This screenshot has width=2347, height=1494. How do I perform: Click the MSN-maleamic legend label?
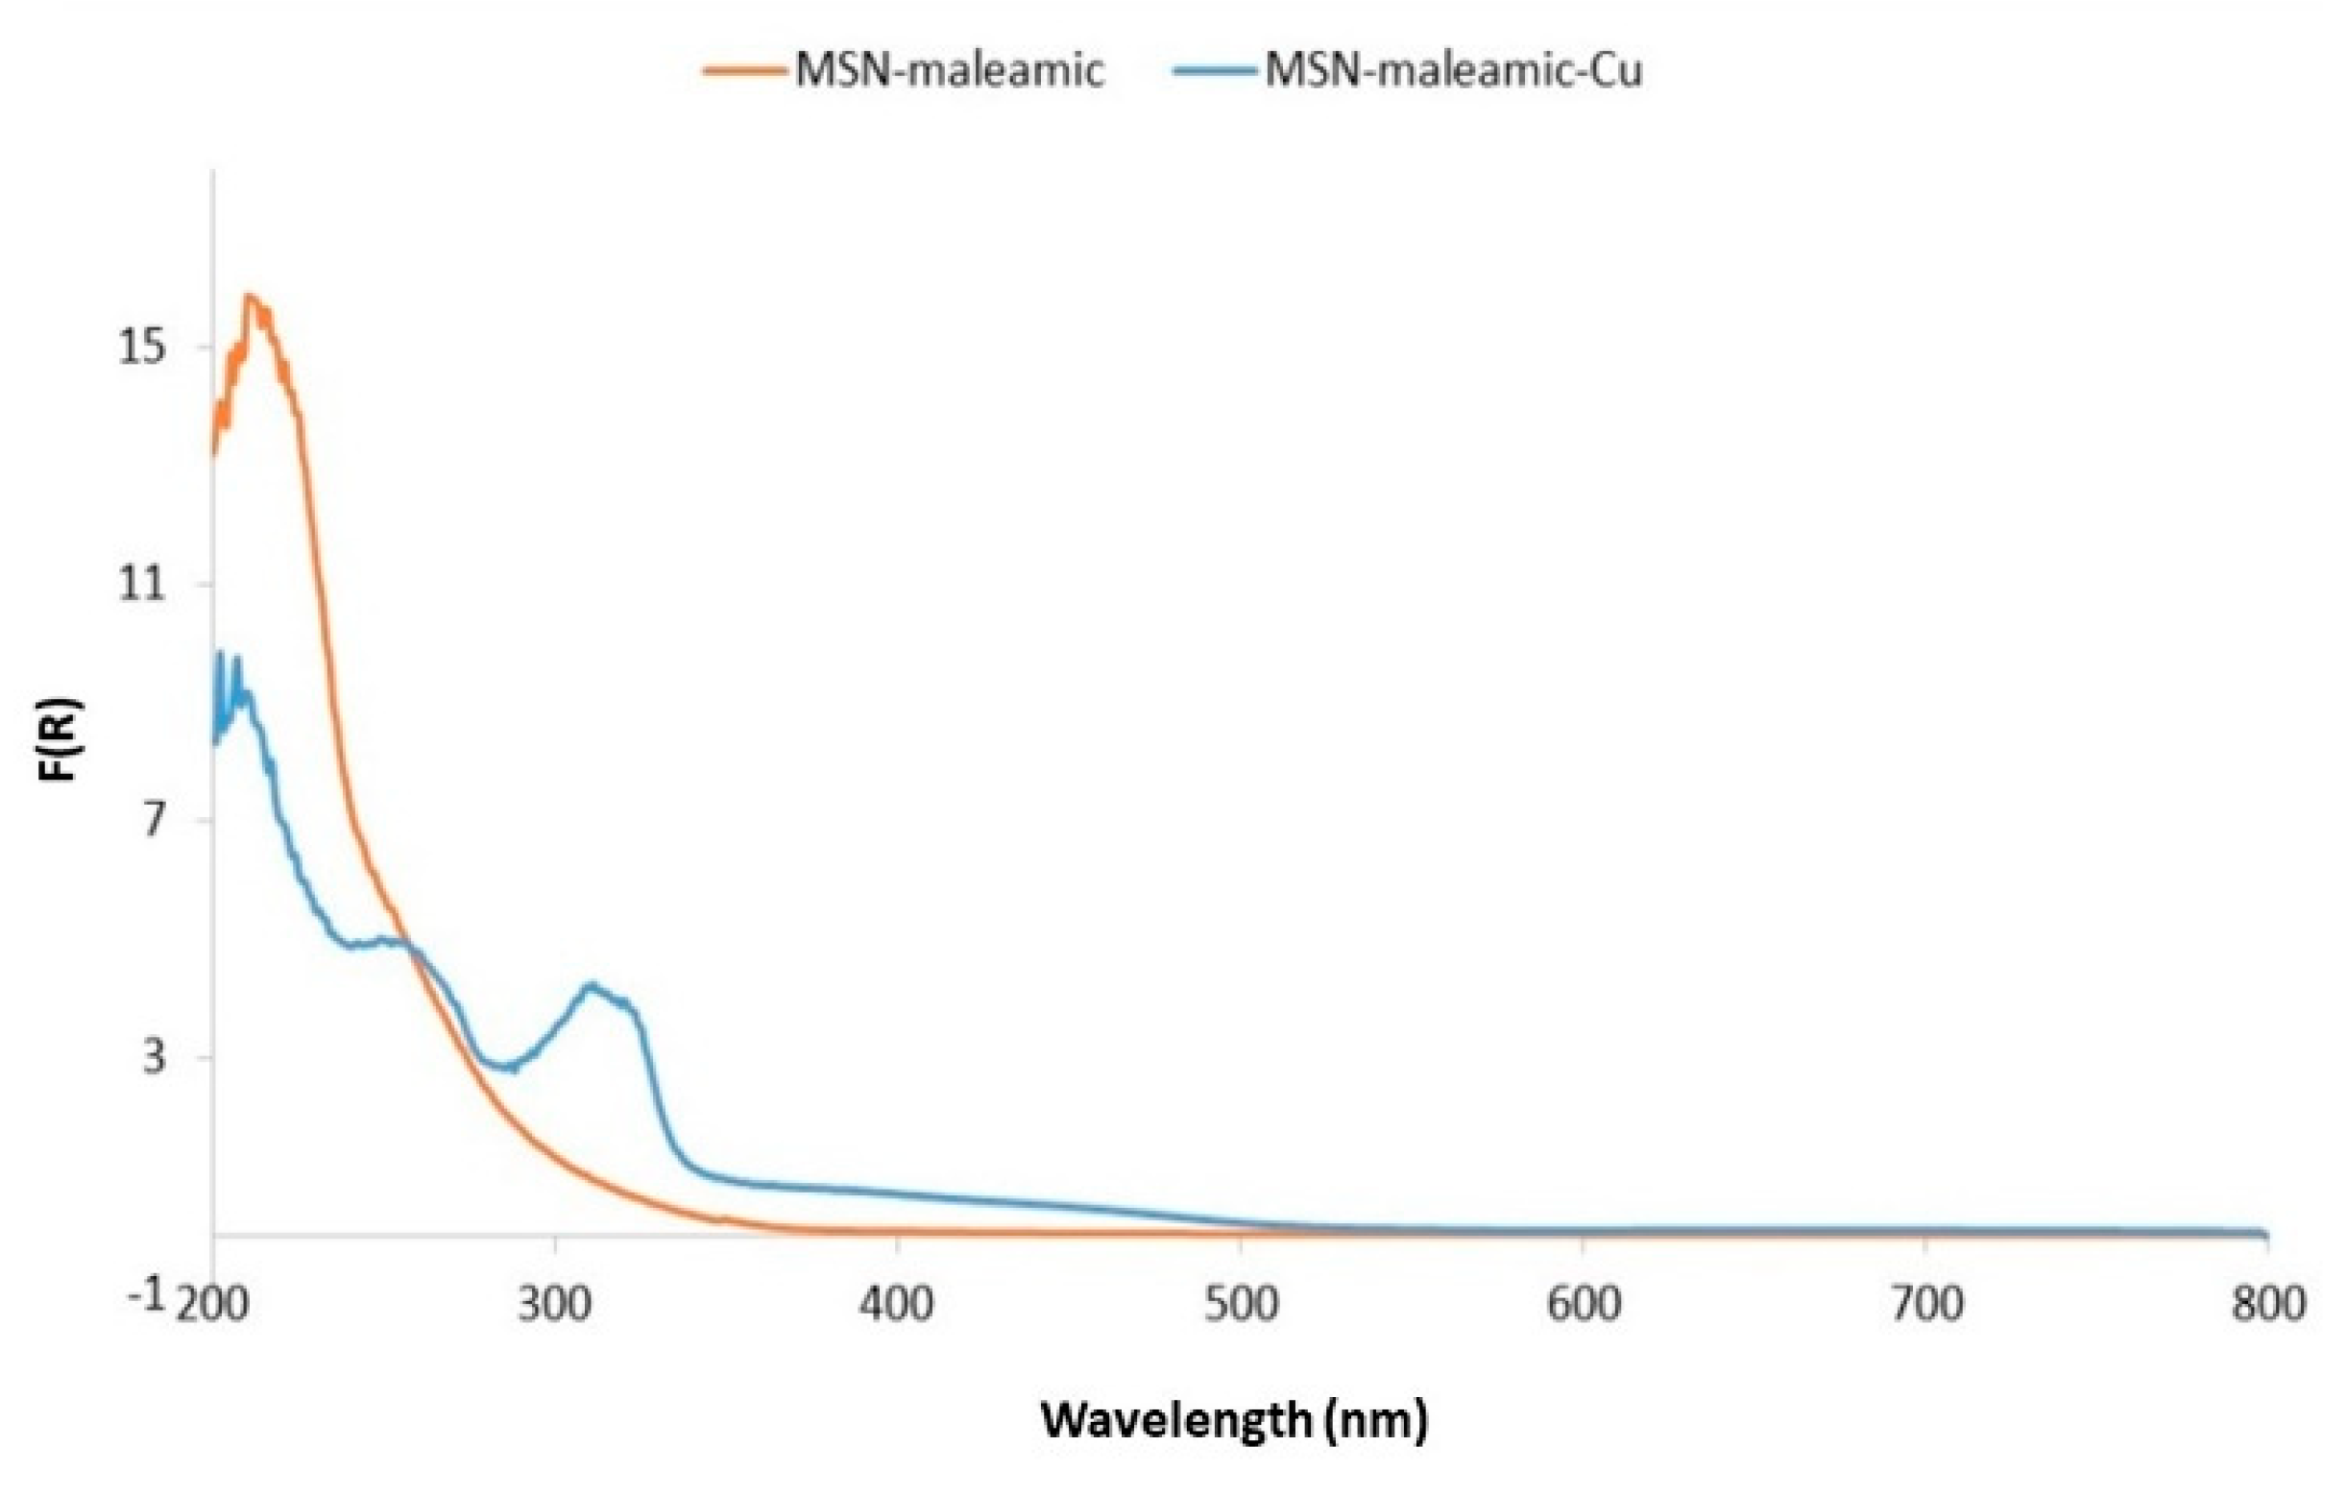(950, 70)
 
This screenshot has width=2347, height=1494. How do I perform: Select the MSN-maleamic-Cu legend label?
(1453, 70)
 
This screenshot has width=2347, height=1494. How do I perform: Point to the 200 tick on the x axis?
(213, 1304)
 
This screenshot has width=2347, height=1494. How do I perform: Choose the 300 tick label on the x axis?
(555, 1304)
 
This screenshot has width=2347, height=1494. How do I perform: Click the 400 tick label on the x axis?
(897, 1304)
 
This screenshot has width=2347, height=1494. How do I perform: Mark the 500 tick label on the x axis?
(1240, 1304)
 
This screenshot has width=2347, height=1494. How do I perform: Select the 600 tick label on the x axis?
(1583, 1304)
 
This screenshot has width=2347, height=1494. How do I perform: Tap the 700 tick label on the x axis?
(1926, 1304)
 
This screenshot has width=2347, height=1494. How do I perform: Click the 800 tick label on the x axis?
(2267, 1304)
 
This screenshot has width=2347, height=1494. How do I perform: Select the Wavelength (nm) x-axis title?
(1234, 1420)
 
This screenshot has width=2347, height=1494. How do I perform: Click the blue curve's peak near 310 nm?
(591, 985)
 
